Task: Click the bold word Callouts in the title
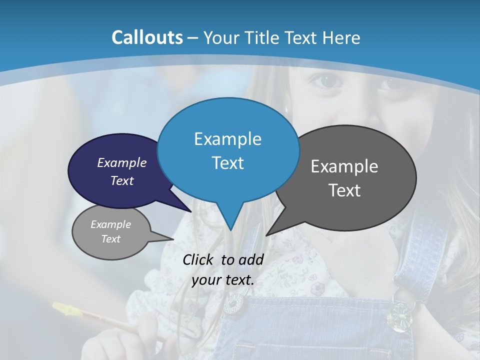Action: (147, 37)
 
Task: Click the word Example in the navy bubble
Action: (122, 162)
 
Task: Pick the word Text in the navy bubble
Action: (122, 180)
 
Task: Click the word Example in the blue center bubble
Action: (228, 139)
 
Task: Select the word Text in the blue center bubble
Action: (228, 163)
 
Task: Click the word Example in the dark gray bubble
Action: (344, 166)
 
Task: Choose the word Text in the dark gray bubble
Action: (344, 190)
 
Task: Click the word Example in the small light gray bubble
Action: (111, 224)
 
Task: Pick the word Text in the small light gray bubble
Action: (111, 239)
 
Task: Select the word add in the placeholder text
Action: (251, 259)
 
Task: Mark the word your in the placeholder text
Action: (205, 280)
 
